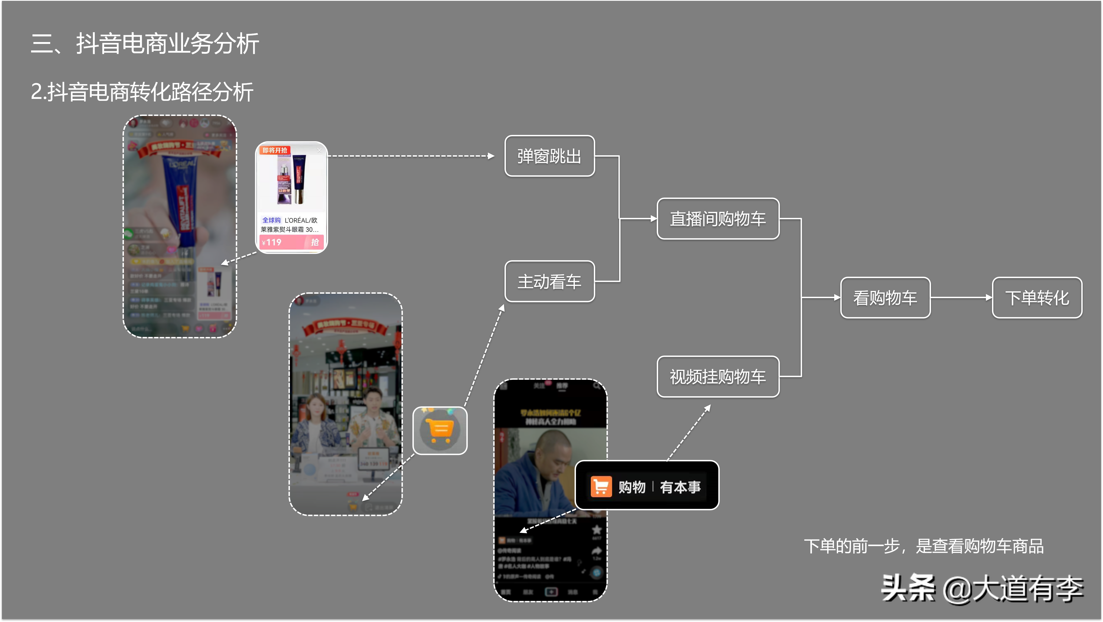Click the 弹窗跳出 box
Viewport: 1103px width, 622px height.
[x=549, y=156]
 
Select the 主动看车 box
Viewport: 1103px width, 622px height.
[x=549, y=281]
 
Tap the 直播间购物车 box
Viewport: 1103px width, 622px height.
[x=718, y=218]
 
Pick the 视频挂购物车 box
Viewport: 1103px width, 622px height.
[x=718, y=377]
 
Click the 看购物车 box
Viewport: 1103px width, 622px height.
[x=885, y=298]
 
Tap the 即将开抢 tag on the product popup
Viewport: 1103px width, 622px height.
[x=275, y=150]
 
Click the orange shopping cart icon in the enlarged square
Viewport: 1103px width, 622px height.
[x=440, y=430]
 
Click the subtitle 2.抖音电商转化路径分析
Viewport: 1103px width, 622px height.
[x=142, y=92]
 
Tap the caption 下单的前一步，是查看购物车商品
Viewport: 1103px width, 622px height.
[x=924, y=546]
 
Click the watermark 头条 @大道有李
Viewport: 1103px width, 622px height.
[x=982, y=588]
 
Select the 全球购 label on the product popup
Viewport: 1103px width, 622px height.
[x=271, y=220]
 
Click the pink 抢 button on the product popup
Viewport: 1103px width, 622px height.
[x=315, y=242]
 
